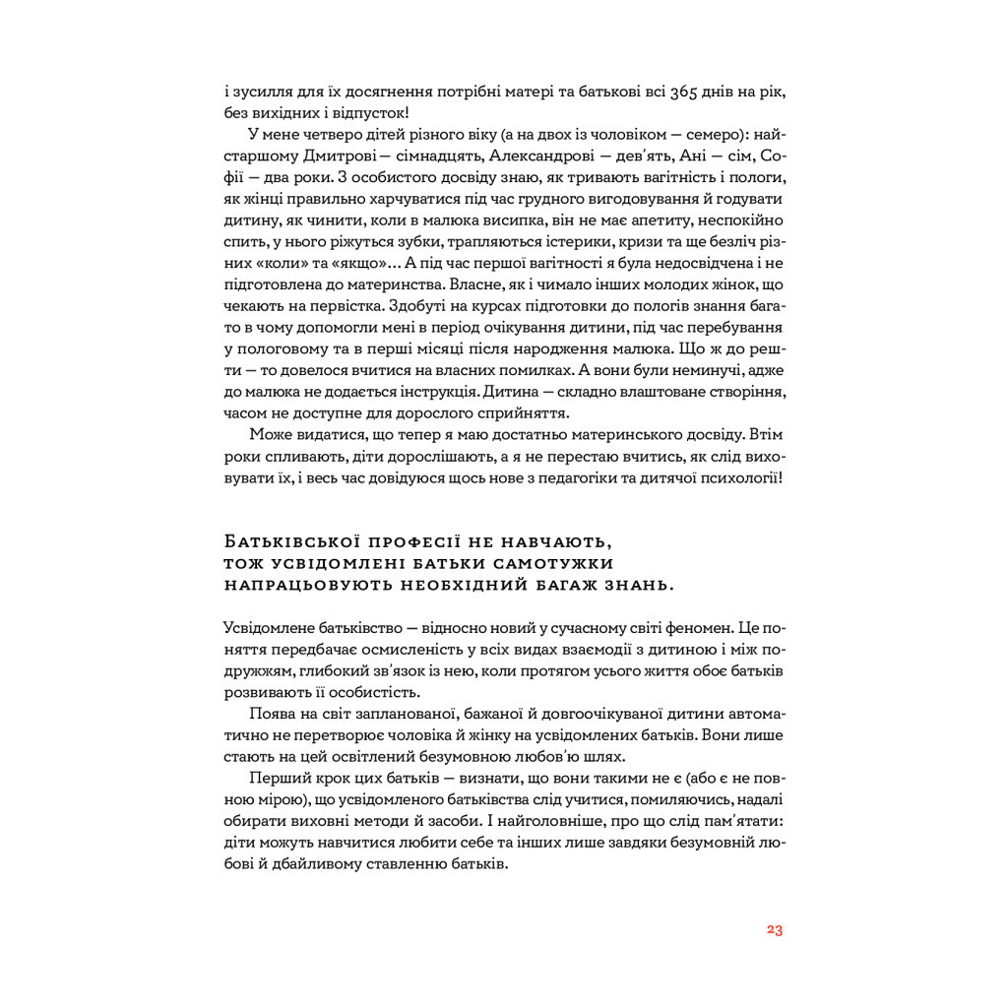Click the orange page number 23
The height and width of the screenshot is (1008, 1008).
point(774,930)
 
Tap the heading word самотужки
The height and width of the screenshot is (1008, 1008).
point(557,563)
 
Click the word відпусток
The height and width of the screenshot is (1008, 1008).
point(369,113)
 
